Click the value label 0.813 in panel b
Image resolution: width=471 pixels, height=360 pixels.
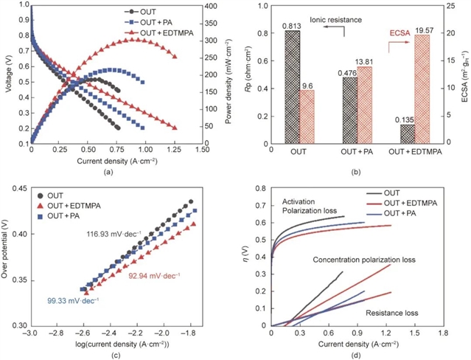[x=293, y=25]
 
